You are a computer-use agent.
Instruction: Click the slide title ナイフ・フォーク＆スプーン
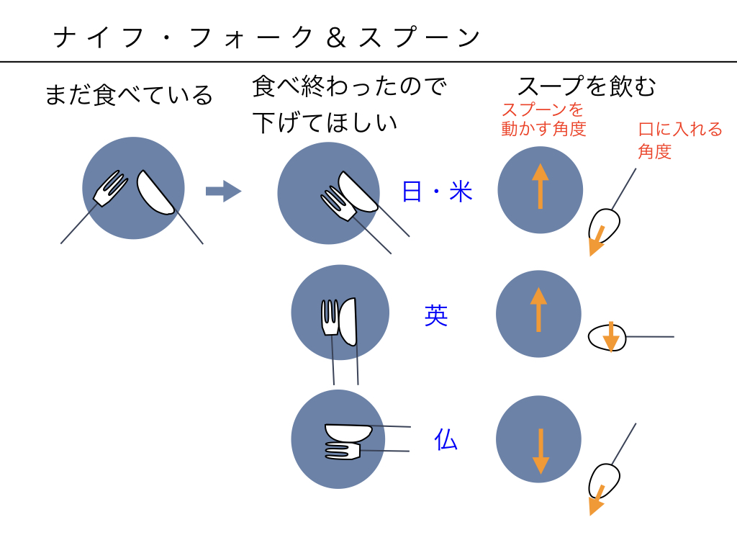pos(267,37)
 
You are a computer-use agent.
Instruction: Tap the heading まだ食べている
pos(129,95)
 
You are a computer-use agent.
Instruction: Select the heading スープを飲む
pos(587,86)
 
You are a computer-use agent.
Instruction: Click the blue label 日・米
pos(437,192)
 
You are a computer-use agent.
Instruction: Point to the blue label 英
pos(436,315)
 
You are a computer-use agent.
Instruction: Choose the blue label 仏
pos(446,439)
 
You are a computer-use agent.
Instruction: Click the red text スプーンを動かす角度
pos(543,120)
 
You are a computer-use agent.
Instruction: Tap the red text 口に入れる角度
pos(680,140)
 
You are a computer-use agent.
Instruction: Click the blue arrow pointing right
pos(223,191)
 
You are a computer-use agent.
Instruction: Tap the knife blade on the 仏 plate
pos(348,432)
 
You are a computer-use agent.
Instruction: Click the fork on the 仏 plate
pos(343,451)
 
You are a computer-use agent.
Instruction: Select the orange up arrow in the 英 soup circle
pos(538,310)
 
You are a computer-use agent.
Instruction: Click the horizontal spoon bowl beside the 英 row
pos(607,336)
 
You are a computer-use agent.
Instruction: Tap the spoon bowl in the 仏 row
pos(605,481)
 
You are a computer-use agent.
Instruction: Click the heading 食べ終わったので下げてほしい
pos(349,104)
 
